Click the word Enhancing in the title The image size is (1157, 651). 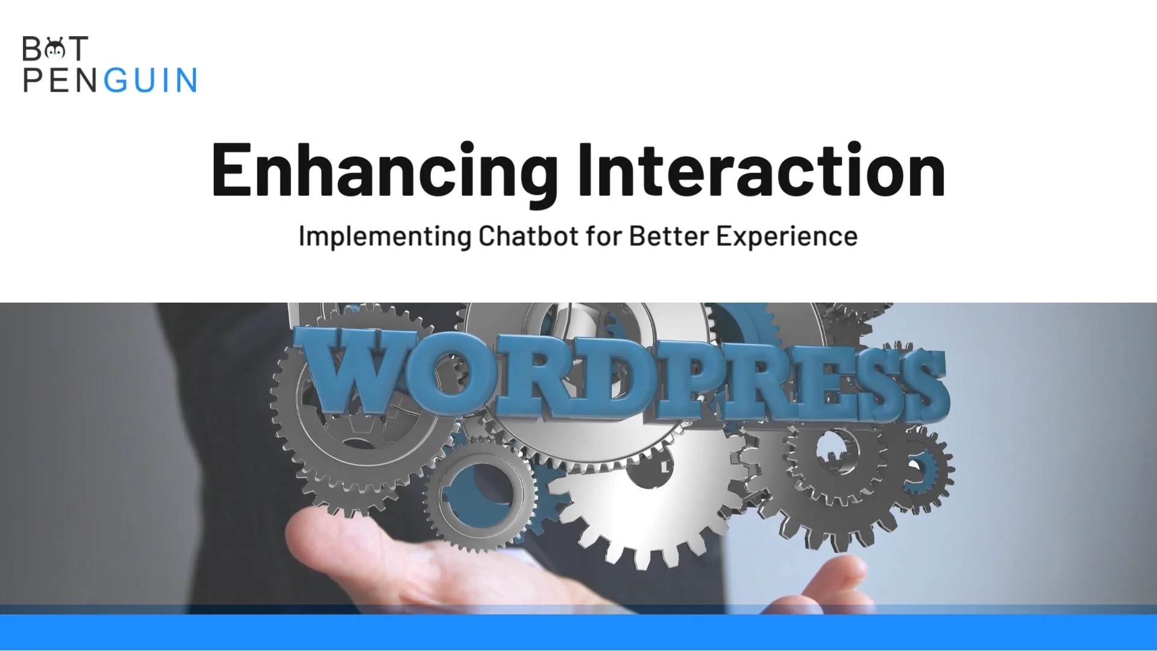383,171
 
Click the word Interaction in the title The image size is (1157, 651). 760,171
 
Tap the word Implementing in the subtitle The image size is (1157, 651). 384,236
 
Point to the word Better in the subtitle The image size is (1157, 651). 669,236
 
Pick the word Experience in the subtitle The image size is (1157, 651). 786,236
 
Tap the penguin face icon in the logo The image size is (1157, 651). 55,49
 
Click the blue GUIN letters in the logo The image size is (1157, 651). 151,81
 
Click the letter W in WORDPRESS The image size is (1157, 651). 356,374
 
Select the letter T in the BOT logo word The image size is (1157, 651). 78,49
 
